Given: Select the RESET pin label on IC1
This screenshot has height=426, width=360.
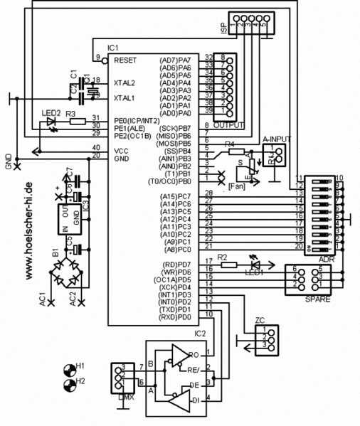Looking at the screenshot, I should click(125, 60).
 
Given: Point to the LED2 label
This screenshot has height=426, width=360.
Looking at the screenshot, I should click(51, 113).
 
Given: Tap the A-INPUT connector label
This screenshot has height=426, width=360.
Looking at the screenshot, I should click(278, 139).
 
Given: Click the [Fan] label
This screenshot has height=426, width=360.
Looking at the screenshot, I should click(236, 186).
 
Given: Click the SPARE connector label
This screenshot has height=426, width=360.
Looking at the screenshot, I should click(317, 300).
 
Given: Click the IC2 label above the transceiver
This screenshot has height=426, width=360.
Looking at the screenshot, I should click(201, 333).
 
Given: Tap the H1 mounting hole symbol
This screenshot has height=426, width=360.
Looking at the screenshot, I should click(70, 369).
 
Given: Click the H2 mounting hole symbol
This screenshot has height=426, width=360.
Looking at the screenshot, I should click(70, 385).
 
